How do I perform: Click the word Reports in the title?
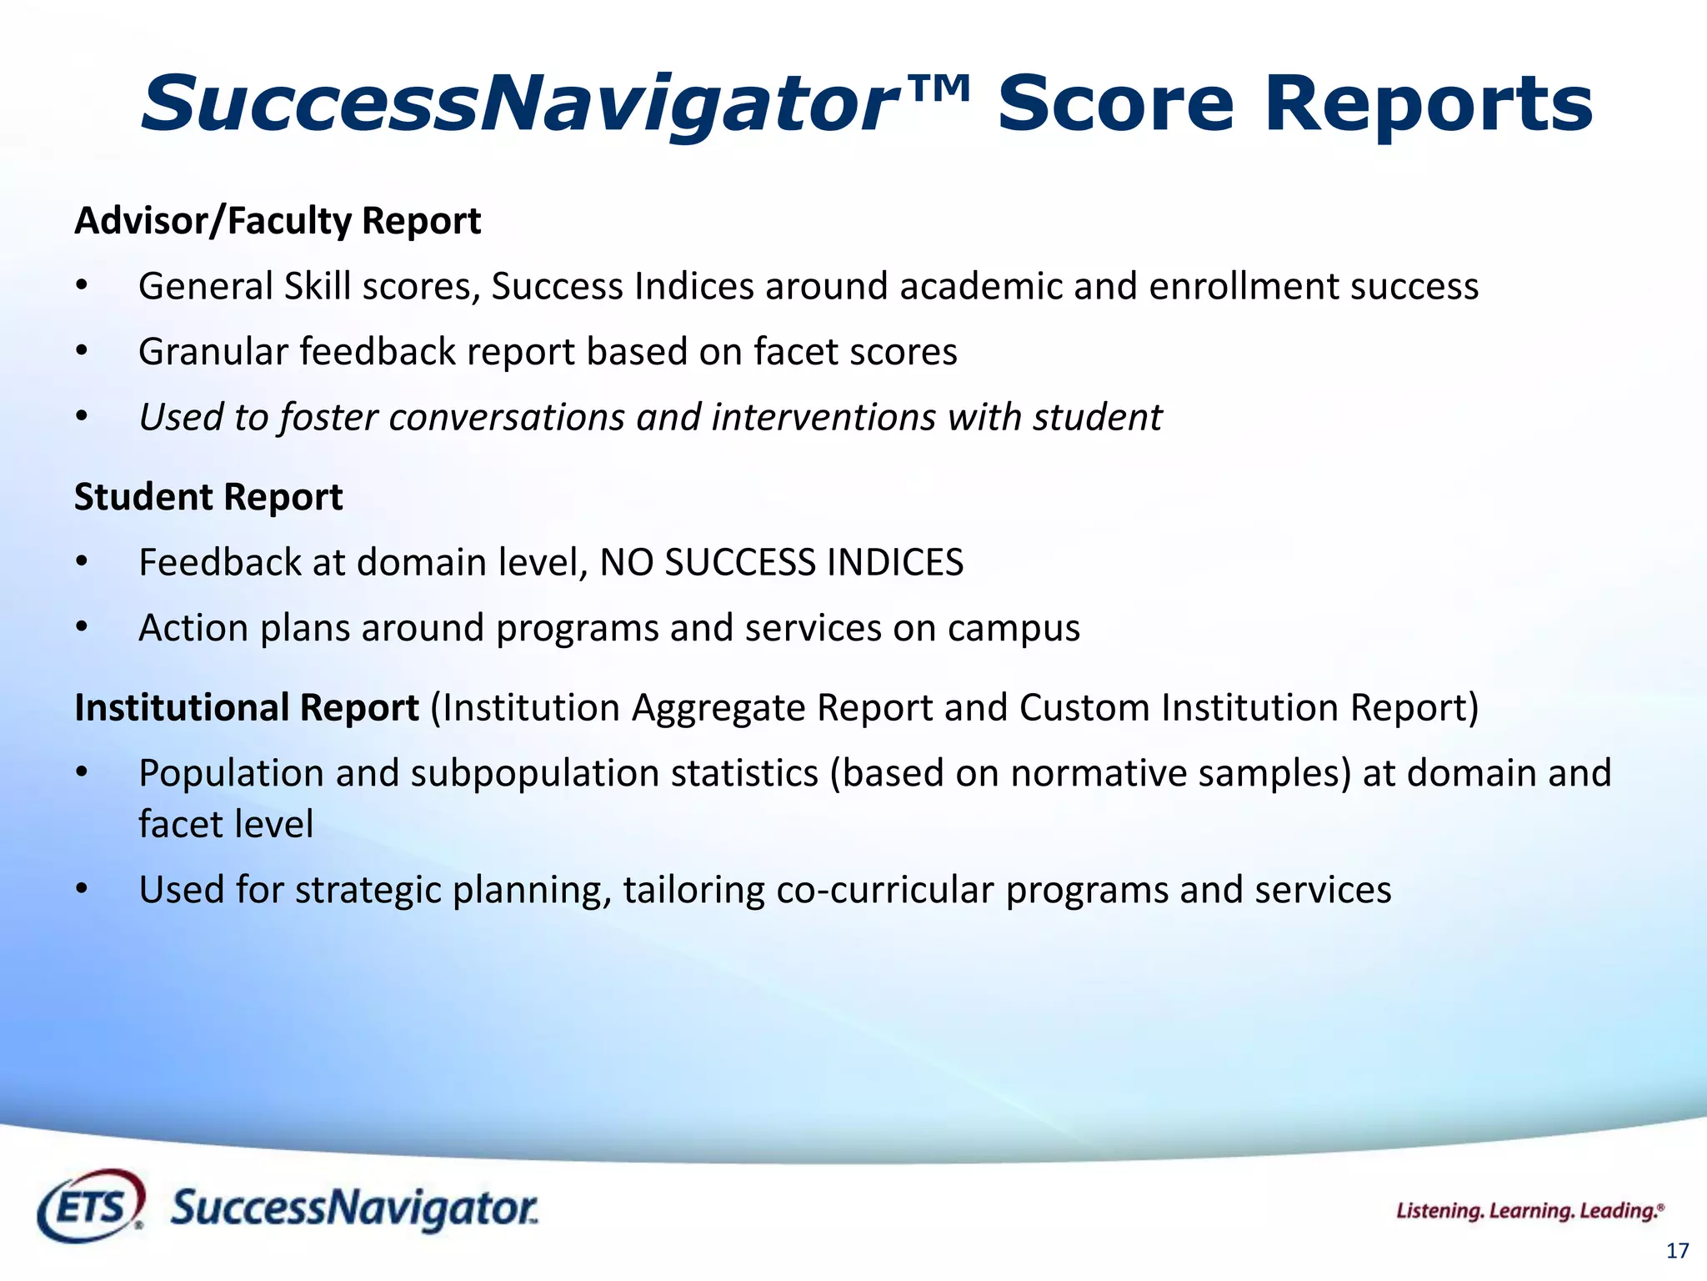pyautogui.click(x=1428, y=104)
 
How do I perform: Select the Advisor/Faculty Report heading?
pyautogui.click(x=278, y=221)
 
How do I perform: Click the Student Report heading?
pyautogui.click(x=208, y=497)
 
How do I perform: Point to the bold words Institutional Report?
pyautogui.click(x=247, y=707)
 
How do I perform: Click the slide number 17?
pyautogui.click(x=1677, y=1251)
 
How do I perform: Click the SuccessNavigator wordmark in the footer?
pyautogui.click(x=354, y=1208)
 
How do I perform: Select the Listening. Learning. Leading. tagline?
pyautogui.click(x=1529, y=1211)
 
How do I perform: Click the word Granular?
pyautogui.click(x=213, y=352)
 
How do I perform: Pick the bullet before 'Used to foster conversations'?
pyautogui.click(x=81, y=416)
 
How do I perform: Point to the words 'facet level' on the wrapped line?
pyautogui.click(x=226, y=825)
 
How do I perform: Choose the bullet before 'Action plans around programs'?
pyautogui.click(x=81, y=627)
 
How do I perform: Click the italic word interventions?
pyautogui.click(x=823, y=417)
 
